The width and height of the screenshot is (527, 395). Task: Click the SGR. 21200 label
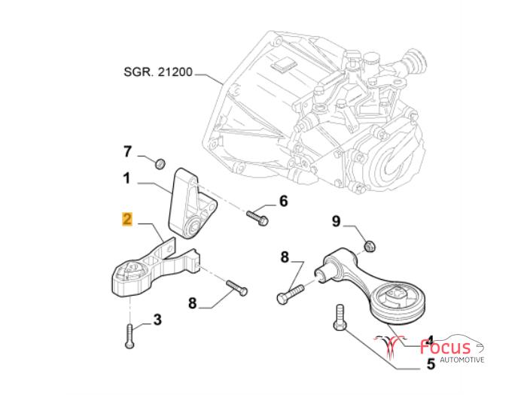pos(158,74)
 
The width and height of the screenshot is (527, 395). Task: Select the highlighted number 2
pos(127,220)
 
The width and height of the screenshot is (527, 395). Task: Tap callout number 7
pos(127,152)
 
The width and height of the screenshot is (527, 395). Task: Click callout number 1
pos(127,179)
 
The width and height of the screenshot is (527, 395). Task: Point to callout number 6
pos(283,201)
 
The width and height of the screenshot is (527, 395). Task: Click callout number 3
pos(157,320)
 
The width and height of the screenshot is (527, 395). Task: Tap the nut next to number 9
pos(369,245)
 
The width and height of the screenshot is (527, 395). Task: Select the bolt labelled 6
pos(256,215)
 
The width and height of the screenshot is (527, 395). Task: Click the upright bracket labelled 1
pos(190,202)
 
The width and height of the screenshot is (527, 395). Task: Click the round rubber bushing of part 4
pos(399,305)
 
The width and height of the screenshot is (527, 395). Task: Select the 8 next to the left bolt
pos(192,303)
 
